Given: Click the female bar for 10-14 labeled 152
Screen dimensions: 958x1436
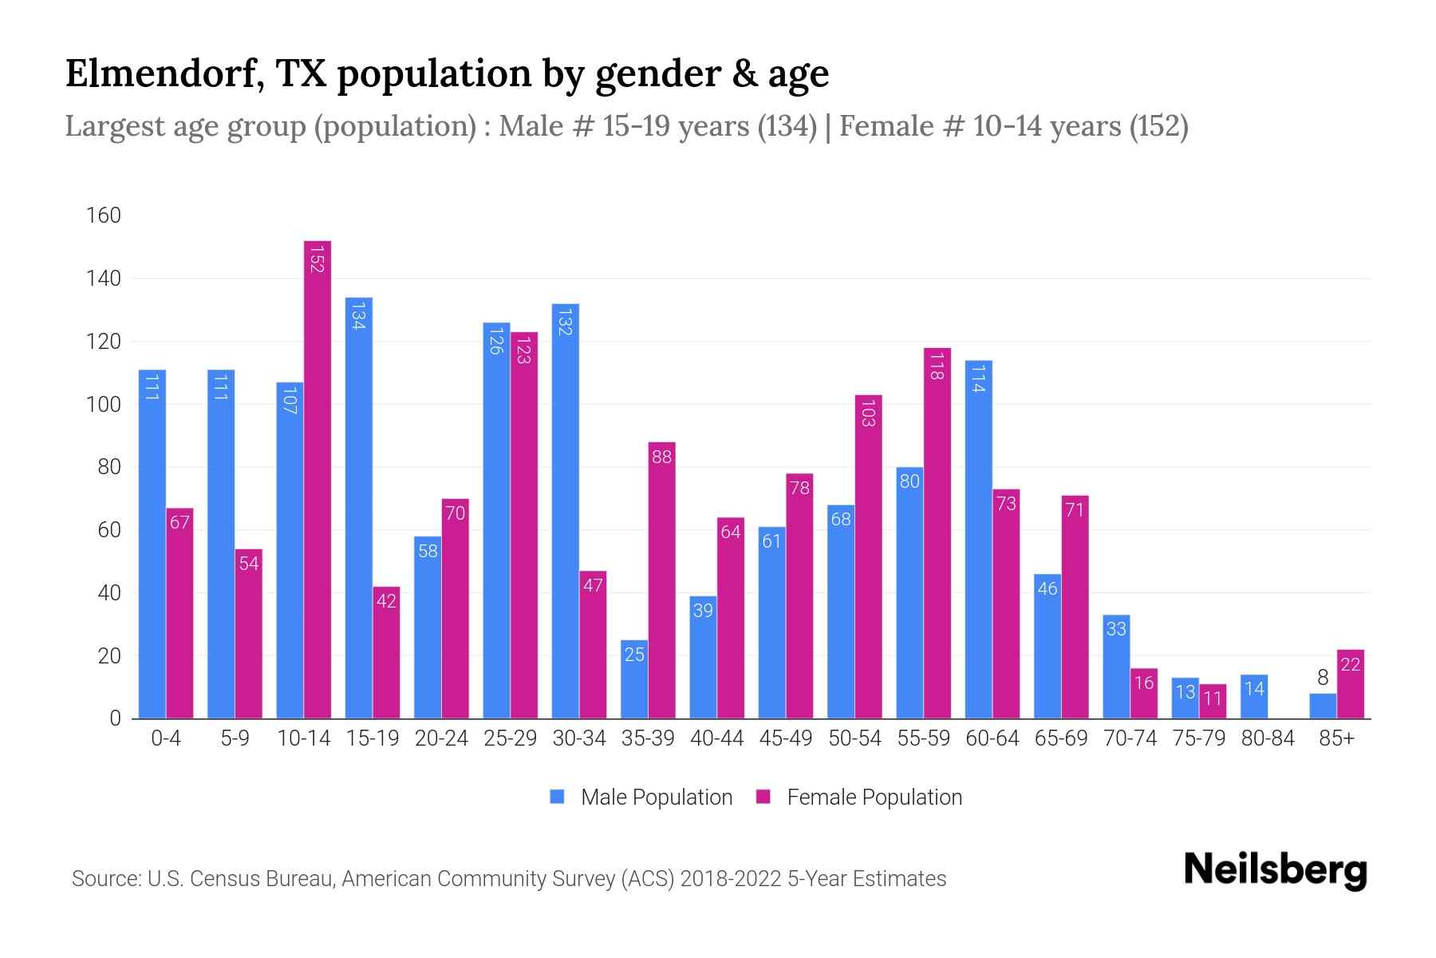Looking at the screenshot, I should tap(318, 479).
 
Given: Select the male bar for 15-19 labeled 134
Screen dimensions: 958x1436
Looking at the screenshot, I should tap(358, 508).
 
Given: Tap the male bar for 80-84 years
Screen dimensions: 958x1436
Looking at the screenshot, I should tap(1254, 696).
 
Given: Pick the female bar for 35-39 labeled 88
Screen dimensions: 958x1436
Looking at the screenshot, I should tap(662, 580).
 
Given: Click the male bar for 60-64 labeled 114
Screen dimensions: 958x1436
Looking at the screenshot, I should tap(979, 540).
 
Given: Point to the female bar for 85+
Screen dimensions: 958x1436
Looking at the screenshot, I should tap(1351, 684).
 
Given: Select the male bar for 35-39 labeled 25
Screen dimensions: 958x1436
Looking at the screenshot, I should tap(634, 679).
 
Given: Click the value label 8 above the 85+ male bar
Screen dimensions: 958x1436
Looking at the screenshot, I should tap(1323, 679).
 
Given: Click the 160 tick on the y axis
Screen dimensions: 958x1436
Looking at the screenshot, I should tap(104, 216).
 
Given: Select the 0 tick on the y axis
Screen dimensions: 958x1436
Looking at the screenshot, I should tap(115, 718).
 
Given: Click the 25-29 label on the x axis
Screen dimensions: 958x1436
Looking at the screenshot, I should tap(511, 738).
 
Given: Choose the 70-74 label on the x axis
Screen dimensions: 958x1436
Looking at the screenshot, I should tap(1130, 738).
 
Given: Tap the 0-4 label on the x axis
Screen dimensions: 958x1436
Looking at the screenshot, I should tap(166, 738).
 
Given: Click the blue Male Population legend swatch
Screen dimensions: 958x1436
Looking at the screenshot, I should tap(558, 797).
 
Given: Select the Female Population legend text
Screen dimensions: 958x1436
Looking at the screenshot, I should tap(874, 797).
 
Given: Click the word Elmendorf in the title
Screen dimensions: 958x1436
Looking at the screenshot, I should tap(164, 74).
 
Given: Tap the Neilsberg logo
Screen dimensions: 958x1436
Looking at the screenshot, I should tap(1275, 871).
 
